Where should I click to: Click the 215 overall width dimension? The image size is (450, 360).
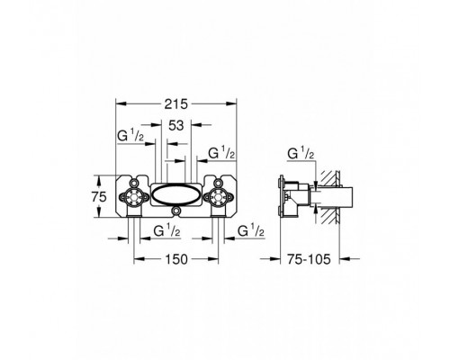pyautogui.click(x=176, y=103)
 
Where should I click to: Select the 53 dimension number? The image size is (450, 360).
pyautogui.click(x=176, y=125)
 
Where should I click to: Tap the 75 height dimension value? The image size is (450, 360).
pyautogui.click(x=99, y=197)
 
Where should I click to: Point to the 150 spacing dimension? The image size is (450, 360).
pyautogui.click(x=176, y=259)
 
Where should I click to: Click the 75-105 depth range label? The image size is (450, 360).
pyautogui.click(x=309, y=259)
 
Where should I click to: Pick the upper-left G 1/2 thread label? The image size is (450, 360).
pyautogui.click(x=130, y=137)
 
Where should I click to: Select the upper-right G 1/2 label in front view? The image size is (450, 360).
pyautogui.click(x=221, y=153)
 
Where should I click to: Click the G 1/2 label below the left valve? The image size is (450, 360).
pyautogui.click(x=166, y=230)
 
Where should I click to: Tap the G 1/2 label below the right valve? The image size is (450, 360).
pyautogui.click(x=251, y=230)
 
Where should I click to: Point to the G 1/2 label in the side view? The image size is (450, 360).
pyautogui.click(x=301, y=153)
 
